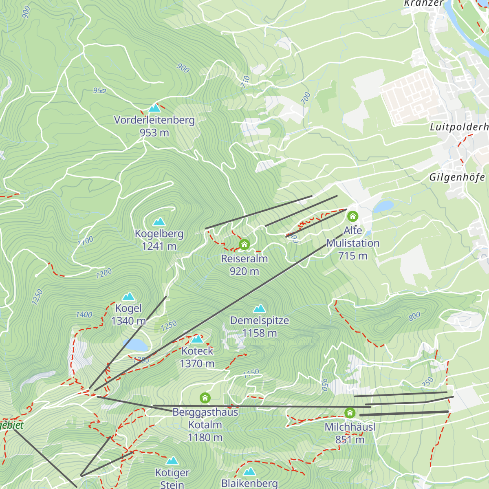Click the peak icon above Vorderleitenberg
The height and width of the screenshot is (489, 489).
point(154,108)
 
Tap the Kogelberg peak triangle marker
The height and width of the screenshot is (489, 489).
point(159,222)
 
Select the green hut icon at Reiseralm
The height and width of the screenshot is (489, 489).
point(244,244)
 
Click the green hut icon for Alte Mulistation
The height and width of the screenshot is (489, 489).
point(352,216)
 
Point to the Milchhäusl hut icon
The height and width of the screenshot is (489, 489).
point(350,413)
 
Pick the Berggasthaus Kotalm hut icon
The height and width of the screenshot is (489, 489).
point(205,398)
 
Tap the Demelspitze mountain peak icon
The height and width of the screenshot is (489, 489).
point(260,308)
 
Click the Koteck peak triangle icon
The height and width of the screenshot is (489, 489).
point(197,339)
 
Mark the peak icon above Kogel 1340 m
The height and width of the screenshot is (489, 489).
point(129,296)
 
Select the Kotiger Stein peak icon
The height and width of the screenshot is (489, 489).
point(172,461)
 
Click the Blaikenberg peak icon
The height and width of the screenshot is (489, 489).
point(249,471)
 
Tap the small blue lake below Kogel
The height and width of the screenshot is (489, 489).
point(135,345)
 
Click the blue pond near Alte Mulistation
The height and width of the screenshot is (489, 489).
point(383,207)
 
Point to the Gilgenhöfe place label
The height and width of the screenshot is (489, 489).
point(457,177)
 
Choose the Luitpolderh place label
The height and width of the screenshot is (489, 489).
point(459,127)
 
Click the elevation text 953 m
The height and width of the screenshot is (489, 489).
point(154,133)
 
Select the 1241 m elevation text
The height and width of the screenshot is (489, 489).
point(159,247)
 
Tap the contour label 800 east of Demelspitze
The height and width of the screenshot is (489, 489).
point(414,317)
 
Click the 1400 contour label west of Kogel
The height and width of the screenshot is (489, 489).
point(84,315)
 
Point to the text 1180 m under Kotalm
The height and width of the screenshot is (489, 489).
point(205,438)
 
